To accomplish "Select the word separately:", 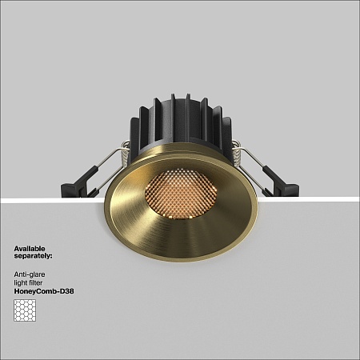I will [33, 257].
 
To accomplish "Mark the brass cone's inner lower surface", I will [180, 232].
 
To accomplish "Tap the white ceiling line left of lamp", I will [48, 200].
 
